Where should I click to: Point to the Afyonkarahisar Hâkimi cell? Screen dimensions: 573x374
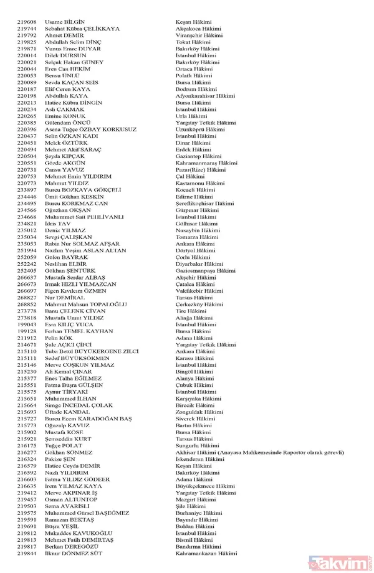pyautogui.click(x=206, y=96)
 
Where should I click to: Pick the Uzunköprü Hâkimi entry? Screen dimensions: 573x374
pyautogui.click(x=200, y=130)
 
